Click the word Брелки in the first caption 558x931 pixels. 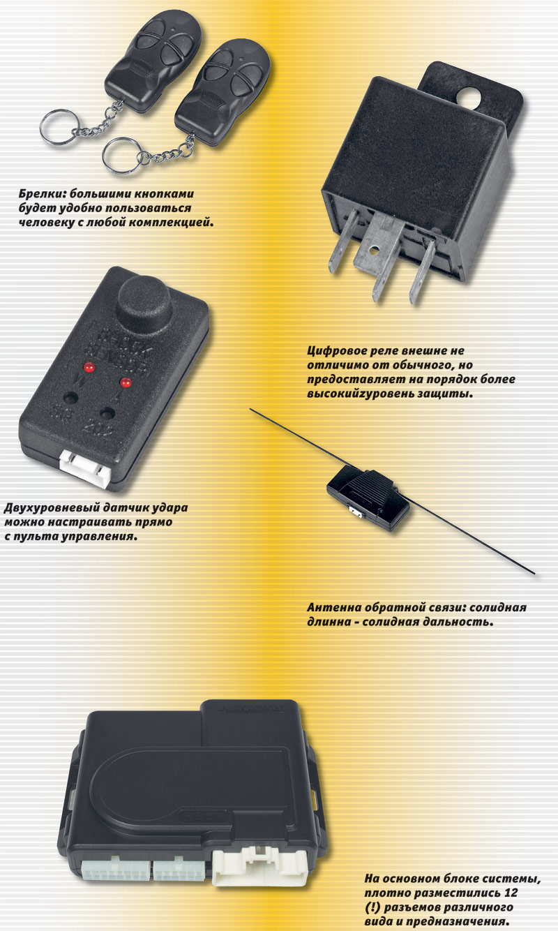point(42,194)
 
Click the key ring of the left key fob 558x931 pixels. point(57,126)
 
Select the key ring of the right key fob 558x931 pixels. point(121,155)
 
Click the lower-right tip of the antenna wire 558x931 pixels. point(534,574)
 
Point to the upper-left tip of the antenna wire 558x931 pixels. point(250,409)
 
